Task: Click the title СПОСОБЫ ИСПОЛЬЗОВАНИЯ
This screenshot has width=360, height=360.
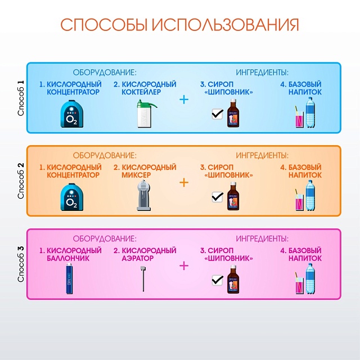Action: pos(179,25)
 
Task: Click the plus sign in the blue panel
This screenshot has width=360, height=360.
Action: pos(183,100)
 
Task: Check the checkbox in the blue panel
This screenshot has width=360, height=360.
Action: pos(218,114)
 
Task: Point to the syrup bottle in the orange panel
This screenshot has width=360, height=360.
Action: pos(233,196)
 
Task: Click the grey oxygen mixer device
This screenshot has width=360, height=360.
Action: pos(144,196)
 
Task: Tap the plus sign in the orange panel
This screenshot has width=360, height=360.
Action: pos(183,182)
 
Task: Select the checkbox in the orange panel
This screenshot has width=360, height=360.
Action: pos(218,197)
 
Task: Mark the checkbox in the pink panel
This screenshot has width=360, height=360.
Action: pos(218,280)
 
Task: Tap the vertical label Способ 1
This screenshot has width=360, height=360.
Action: pos(21,98)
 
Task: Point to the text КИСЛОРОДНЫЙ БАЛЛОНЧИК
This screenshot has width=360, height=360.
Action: pos(70,254)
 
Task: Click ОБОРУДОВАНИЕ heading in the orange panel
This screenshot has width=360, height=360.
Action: pos(105,155)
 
